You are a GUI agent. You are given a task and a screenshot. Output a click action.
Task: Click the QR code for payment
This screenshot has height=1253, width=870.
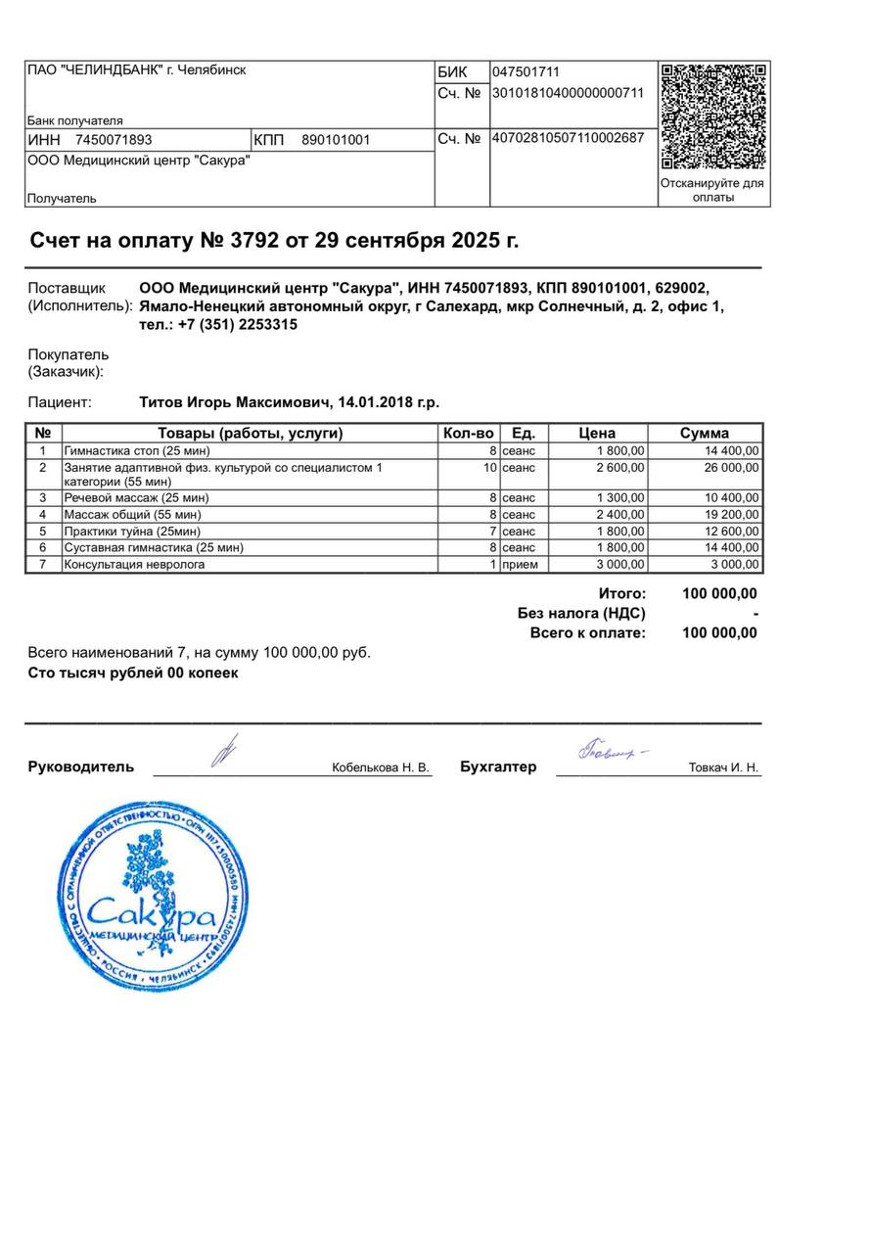coord(713,116)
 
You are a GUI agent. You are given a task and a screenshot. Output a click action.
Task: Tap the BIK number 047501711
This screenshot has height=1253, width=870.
coord(526,72)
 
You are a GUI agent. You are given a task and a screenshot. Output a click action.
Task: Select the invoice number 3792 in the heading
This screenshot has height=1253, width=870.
coord(254,241)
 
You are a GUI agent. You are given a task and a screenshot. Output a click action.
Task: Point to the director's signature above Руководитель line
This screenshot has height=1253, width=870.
coord(225,753)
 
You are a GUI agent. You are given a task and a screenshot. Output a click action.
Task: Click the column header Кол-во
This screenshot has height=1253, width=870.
coord(469,434)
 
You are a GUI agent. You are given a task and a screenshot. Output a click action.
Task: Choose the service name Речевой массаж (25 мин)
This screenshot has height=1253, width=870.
coord(136,497)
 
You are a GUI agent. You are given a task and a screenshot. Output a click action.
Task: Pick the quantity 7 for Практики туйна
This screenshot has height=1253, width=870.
coord(492,531)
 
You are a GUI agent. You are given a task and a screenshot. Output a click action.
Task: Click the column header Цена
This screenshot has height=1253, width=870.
coord(597,434)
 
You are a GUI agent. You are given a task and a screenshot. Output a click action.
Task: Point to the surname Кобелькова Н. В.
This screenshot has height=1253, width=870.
coord(381,768)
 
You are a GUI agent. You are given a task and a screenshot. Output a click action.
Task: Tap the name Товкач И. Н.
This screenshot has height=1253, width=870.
coord(723,768)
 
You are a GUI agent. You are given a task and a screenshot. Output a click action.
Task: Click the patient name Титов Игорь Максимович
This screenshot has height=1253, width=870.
coord(235,402)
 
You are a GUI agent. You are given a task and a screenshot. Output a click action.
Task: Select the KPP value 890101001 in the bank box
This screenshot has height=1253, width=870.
coord(336,140)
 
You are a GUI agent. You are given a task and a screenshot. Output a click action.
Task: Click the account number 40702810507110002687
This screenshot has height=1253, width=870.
coord(568,138)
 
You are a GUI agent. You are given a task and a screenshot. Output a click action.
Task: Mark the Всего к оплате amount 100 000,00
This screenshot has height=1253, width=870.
coord(719,633)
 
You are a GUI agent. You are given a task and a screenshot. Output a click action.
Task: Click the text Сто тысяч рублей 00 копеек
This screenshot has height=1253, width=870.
coord(133,673)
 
